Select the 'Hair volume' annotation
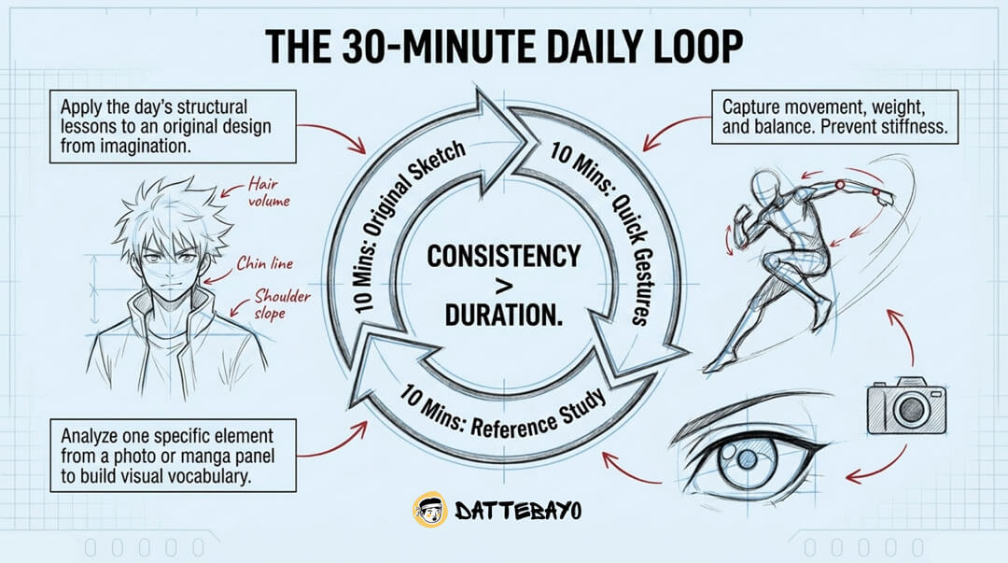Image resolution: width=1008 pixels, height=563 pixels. tap(269, 192)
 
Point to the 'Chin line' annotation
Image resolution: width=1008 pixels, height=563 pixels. tap(265, 263)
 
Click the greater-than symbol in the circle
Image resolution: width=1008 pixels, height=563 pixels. tap(504, 285)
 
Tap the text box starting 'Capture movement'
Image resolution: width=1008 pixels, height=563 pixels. tap(834, 117)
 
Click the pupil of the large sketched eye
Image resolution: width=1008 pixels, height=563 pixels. tap(748, 459)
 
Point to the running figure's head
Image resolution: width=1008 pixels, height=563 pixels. tap(768, 186)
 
